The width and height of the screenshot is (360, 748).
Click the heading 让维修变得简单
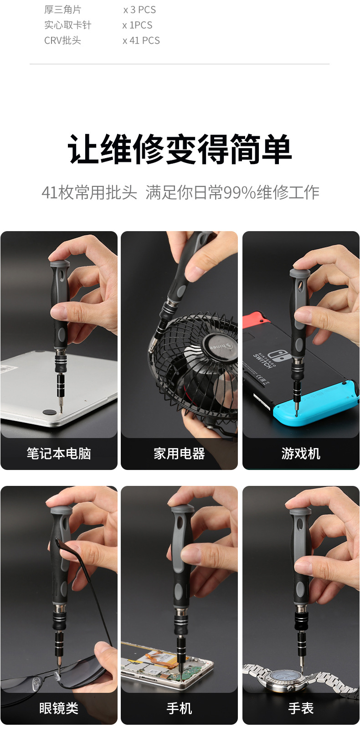[180, 149]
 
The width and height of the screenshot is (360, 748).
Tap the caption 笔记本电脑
[59, 454]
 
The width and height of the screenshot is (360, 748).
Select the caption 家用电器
[179, 454]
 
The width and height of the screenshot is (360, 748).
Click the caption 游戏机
[301, 454]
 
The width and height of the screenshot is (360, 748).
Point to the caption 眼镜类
[59, 708]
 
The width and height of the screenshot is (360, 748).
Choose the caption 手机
[179, 708]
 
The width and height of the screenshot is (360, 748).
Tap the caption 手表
[301, 708]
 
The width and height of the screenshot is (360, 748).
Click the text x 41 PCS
[141, 41]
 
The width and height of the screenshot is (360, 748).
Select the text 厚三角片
[62, 10]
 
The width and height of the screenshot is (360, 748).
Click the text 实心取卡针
[67, 25]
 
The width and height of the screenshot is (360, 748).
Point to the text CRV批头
[62, 41]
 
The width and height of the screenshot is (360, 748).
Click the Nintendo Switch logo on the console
[276, 355]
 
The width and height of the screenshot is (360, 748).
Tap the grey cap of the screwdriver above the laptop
[60, 264]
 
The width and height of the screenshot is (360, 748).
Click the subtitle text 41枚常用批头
[89, 192]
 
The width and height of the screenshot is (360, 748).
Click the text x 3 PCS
[139, 10]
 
